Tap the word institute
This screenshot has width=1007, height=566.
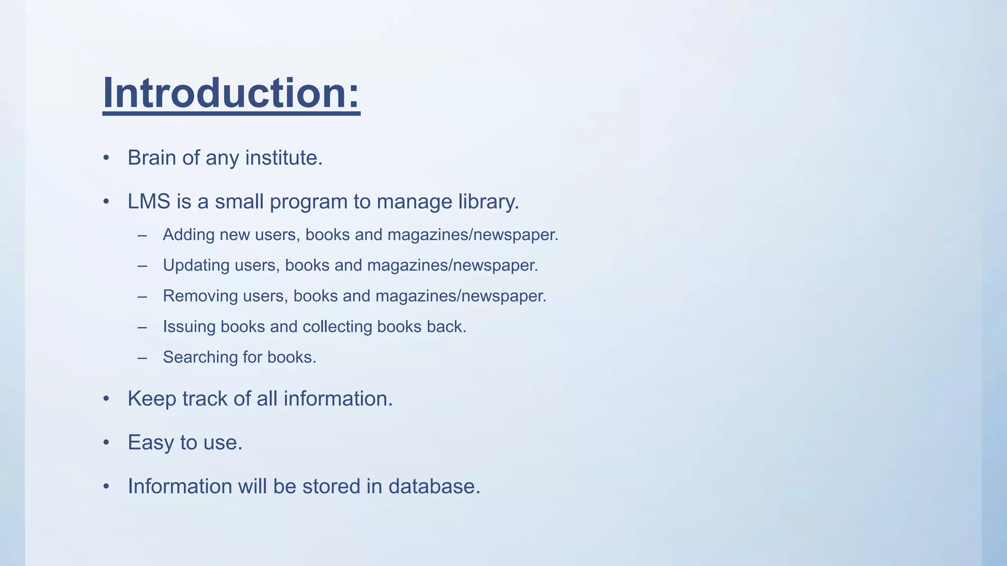283,158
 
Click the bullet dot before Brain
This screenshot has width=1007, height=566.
106,158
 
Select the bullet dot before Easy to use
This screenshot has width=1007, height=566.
106,443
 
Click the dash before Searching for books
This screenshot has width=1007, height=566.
143,358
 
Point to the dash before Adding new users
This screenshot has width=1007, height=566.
143,235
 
